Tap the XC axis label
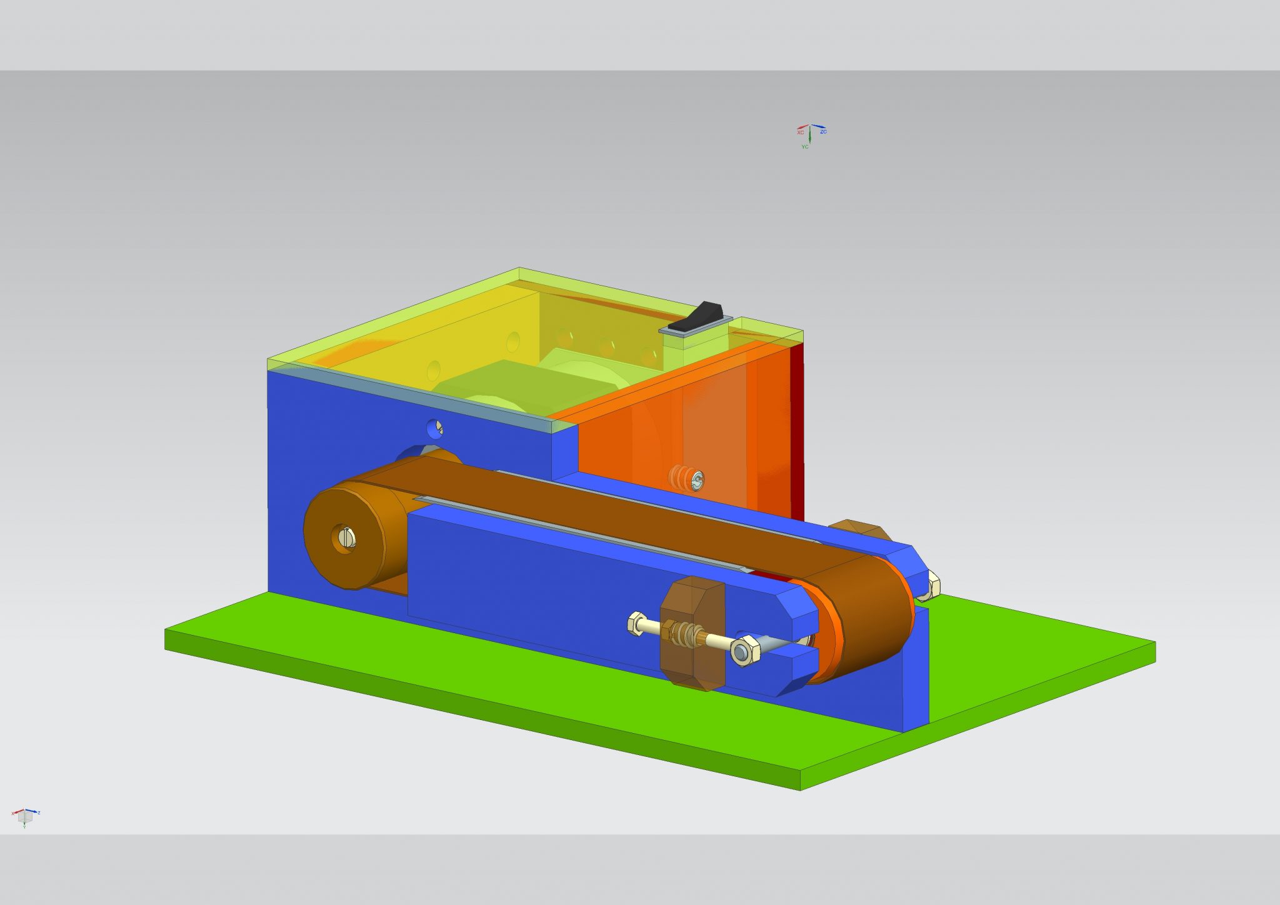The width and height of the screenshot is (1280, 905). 800,132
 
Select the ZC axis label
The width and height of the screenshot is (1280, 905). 823,132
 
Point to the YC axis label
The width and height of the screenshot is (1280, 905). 805,147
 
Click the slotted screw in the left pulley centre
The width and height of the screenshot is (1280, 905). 347,536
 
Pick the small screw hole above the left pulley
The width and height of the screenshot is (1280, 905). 435,429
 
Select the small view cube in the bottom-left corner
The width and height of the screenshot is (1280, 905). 25,816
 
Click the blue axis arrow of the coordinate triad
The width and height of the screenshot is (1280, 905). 818,127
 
